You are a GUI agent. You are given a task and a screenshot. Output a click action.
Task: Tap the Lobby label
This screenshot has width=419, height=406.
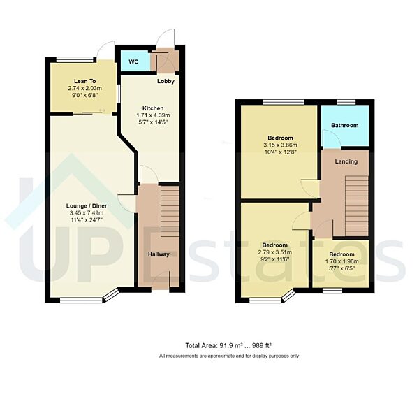point(166,81)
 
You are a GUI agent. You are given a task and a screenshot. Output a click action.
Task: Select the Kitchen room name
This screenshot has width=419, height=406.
point(153,108)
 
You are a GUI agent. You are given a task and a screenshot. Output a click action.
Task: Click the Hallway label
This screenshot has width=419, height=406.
point(159,254)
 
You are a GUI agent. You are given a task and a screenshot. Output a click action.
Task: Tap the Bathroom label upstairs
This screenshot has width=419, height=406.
point(345,125)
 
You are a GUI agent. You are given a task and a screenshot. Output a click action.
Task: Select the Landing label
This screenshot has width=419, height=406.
point(346,161)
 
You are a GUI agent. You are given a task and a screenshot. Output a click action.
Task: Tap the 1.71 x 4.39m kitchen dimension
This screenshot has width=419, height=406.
point(154,116)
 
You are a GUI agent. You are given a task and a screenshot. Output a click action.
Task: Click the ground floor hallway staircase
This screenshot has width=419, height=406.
point(170,210)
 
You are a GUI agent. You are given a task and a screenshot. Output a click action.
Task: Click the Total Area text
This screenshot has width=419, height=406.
point(228,345)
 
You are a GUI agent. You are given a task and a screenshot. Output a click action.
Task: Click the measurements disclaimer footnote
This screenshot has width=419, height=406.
point(228,356)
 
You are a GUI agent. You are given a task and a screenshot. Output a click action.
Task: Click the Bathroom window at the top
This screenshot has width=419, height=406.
point(346,102)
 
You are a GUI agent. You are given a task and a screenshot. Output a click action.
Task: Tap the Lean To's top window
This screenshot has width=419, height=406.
point(75,58)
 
